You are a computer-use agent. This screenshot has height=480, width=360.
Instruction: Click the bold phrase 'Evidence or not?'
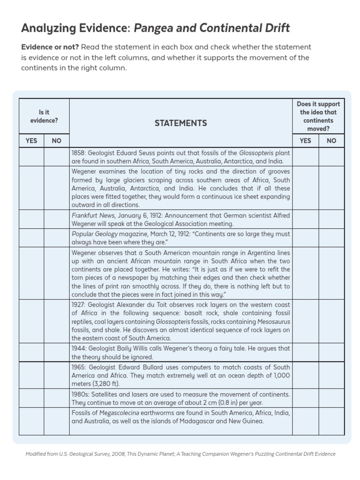click(50, 47)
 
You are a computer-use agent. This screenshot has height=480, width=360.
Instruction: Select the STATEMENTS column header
click(180, 123)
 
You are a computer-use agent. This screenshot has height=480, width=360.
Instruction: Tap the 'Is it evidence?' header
click(44, 116)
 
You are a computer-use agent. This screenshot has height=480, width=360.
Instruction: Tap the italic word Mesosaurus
click(273, 322)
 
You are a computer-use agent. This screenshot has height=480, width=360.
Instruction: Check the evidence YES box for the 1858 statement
click(31, 157)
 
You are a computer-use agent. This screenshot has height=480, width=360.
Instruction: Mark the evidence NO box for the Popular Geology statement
click(57, 238)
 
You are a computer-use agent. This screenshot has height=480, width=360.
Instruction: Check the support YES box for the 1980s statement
click(305, 398)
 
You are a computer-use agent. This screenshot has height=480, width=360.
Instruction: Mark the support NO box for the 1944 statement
click(331, 352)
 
